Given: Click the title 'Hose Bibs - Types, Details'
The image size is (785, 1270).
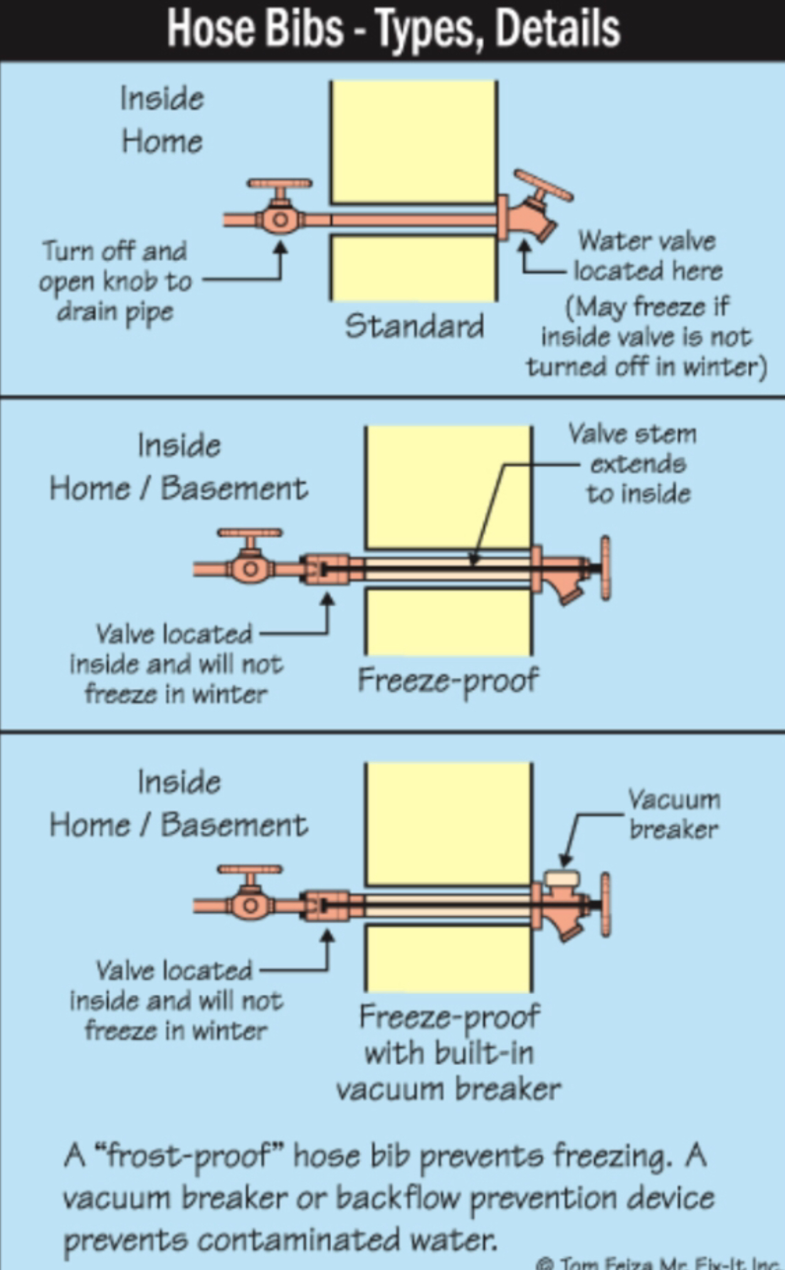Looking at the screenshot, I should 393,29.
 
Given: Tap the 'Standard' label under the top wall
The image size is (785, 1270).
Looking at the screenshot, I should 414,326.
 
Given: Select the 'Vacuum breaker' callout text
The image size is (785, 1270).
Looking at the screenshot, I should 674,814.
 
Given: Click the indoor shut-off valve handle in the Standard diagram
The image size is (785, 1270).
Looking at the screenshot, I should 279,184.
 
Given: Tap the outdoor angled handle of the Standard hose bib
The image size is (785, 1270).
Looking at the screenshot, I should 543,185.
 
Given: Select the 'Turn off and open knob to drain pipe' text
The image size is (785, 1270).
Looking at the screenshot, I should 115,281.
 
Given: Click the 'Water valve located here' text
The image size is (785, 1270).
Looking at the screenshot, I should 647,256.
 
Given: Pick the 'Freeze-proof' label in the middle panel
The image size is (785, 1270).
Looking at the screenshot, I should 447,680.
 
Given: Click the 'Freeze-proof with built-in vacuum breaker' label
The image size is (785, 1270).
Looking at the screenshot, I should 448,1053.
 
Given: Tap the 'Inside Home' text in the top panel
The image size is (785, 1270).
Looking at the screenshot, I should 162,120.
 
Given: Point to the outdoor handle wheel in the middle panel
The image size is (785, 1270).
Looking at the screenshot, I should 605,568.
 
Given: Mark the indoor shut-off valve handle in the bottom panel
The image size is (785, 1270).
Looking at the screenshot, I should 250,870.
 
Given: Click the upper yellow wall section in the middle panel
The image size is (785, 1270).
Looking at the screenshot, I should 448,486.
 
